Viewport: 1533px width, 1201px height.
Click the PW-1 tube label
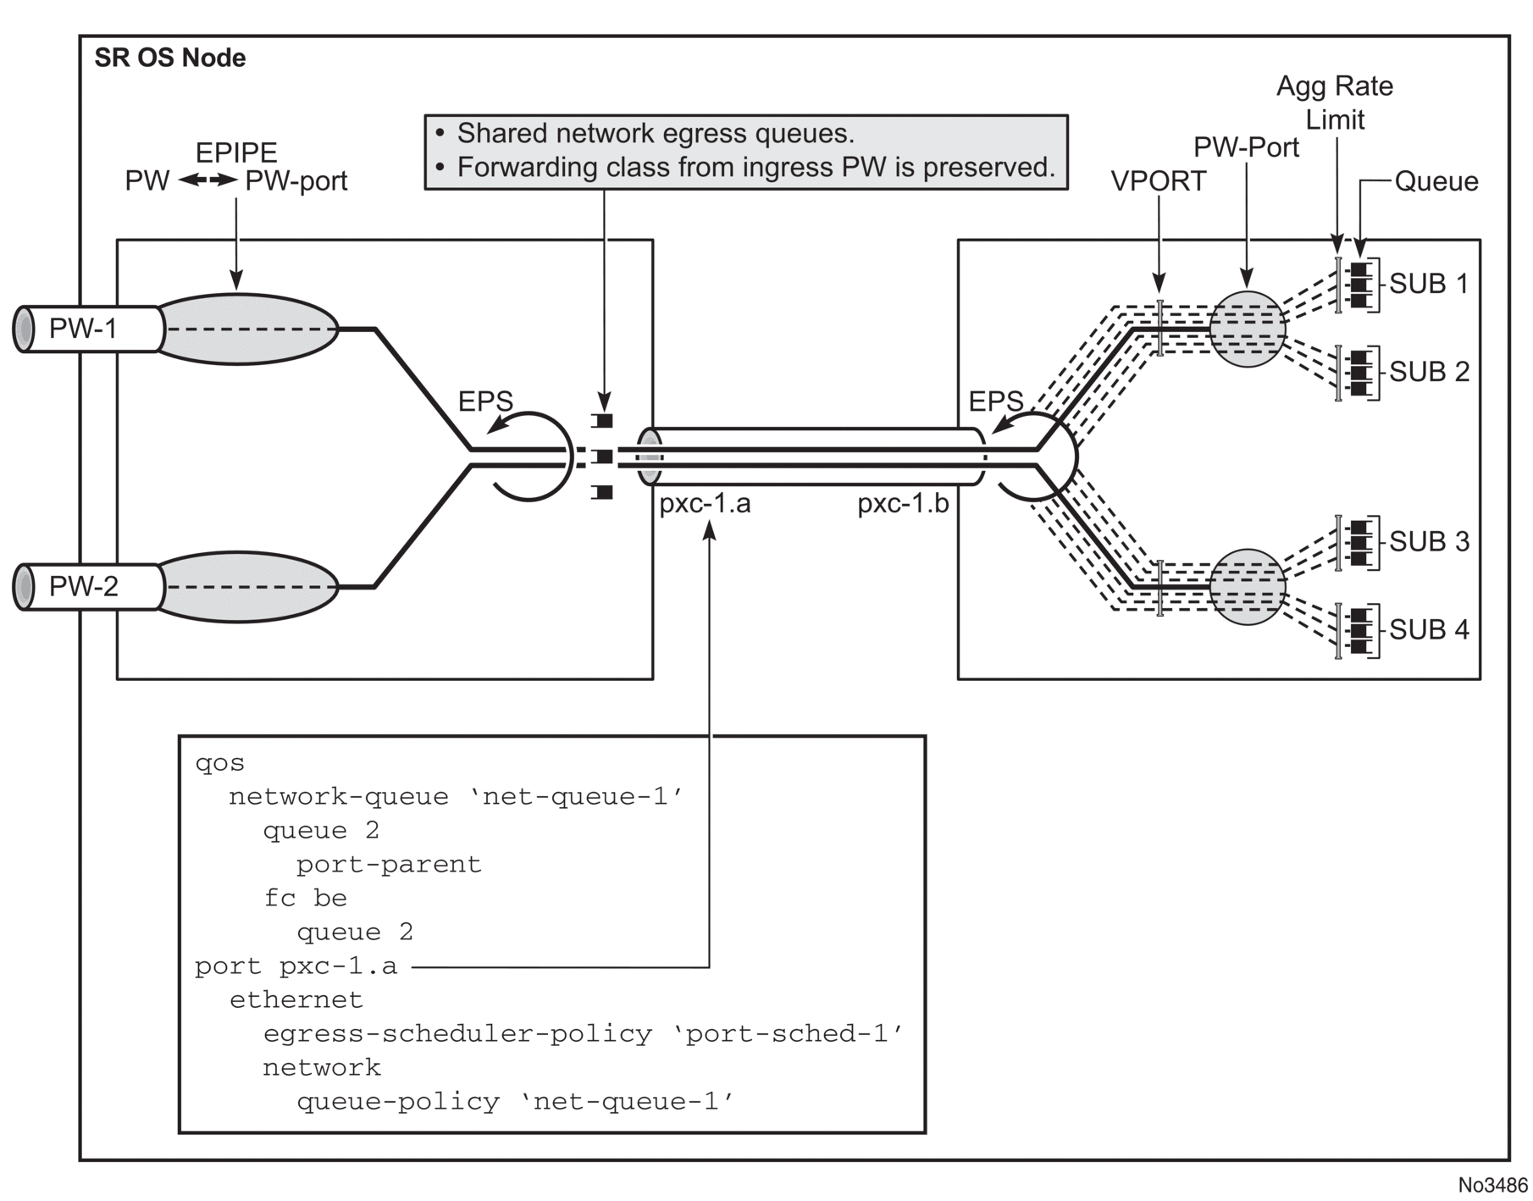coord(83,329)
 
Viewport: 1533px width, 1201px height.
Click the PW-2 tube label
coord(83,586)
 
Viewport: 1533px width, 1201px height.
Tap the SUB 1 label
coord(1429,284)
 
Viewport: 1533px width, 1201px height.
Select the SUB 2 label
coord(1429,372)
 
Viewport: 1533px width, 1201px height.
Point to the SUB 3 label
coord(1429,541)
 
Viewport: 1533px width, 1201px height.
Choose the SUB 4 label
coord(1429,629)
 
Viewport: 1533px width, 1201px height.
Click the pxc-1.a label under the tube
coord(705,504)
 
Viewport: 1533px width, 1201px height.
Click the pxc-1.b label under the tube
coord(903,504)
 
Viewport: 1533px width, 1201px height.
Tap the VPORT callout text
coord(1158,181)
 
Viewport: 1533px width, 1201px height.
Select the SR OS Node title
coord(170,58)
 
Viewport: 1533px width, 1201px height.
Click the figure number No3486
coord(1492,1183)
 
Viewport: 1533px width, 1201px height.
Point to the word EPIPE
coord(236,152)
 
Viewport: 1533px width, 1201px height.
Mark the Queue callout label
coord(1436,181)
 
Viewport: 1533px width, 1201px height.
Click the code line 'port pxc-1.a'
coord(296,966)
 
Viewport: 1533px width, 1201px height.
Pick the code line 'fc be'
coord(305,898)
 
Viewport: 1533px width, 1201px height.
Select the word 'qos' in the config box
coord(219,763)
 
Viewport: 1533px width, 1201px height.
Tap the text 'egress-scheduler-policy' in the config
coord(457,1034)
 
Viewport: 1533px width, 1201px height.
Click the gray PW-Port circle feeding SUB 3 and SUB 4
coord(1247,587)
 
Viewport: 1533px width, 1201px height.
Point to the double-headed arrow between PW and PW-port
coord(208,180)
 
